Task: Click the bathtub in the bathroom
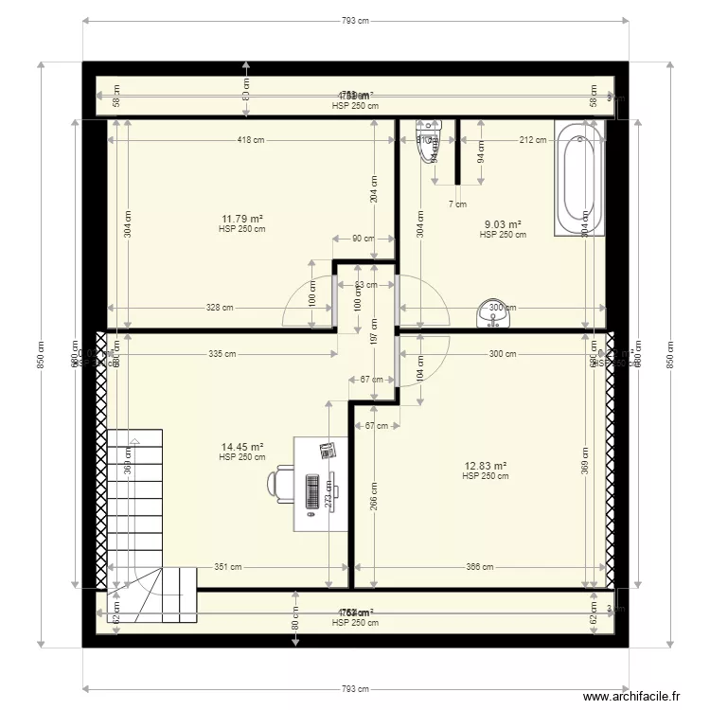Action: (577, 180)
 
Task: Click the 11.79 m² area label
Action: (241, 219)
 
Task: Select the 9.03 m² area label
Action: (503, 224)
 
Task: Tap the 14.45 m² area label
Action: (241, 447)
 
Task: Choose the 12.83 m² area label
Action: (486, 466)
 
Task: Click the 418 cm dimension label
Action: (251, 140)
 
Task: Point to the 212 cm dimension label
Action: (533, 140)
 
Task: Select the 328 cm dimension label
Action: (222, 308)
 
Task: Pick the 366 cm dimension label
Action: (480, 568)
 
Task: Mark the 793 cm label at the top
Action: (355, 20)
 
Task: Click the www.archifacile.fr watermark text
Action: (631, 696)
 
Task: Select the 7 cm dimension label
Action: (457, 204)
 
